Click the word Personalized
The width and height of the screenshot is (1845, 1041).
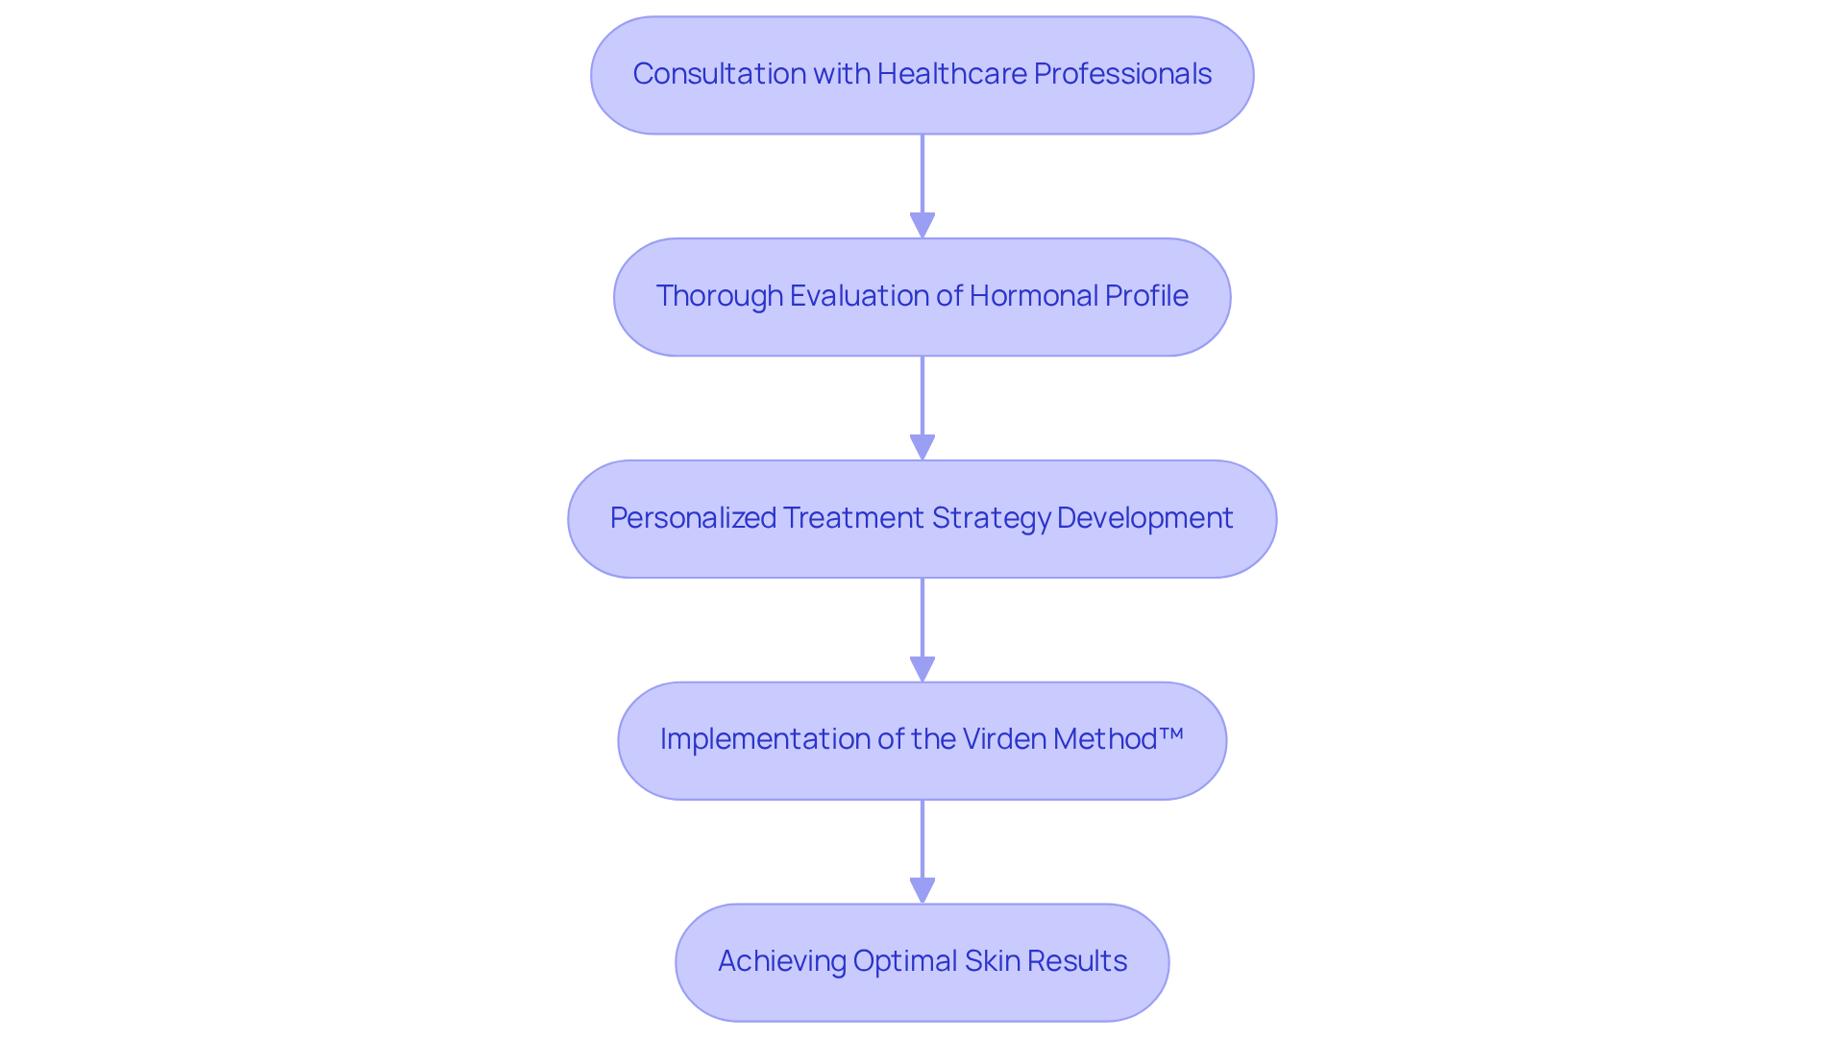click(x=693, y=518)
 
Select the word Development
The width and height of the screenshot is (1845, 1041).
click(x=1144, y=518)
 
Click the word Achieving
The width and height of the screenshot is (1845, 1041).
click(x=781, y=961)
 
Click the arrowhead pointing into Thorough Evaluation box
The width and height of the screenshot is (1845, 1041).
click(x=922, y=225)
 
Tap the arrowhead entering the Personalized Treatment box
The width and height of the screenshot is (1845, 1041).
click(x=922, y=447)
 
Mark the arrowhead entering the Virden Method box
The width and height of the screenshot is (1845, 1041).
click(x=922, y=669)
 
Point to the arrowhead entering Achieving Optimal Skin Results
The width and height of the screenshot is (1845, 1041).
click(x=922, y=890)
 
